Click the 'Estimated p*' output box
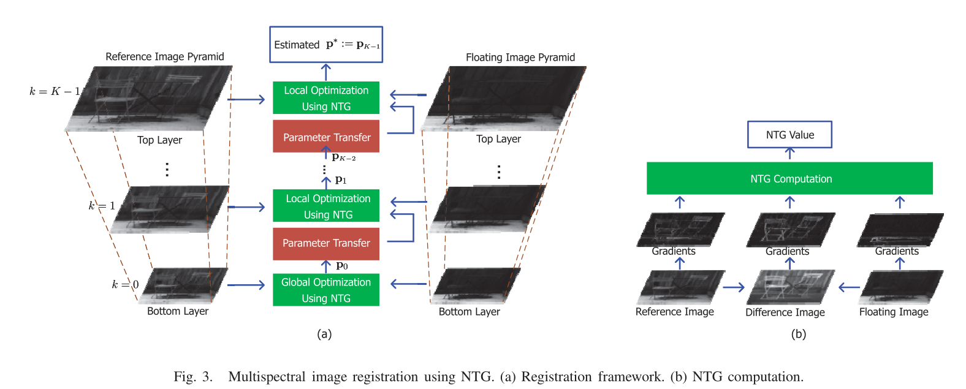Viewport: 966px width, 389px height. pyautogui.click(x=326, y=44)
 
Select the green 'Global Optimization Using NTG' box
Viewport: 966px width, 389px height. pyautogui.click(x=326, y=290)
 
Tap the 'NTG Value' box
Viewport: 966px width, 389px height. pyautogui.click(x=789, y=135)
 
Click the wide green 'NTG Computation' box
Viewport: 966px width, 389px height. pyautogui.click(x=789, y=178)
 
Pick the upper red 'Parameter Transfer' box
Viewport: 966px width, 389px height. pyautogui.click(x=326, y=137)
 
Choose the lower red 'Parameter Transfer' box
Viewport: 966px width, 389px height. pyautogui.click(x=326, y=243)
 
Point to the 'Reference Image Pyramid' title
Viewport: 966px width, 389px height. pyautogui.click(x=165, y=56)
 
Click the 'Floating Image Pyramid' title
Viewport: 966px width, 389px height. pyautogui.click(x=520, y=57)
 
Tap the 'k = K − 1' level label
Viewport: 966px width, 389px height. pyautogui.click(x=55, y=91)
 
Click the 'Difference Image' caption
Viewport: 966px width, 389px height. pyautogui.click(x=785, y=312)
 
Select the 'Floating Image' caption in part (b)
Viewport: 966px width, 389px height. pyautogui.click(x=894, y=312)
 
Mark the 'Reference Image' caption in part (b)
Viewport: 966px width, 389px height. pyautogui.click(x=674, y=312)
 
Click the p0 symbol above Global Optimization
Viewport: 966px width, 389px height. pyautogui.click(x=342, y=265)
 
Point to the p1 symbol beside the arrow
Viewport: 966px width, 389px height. pyautogui.click(x=341, y=180)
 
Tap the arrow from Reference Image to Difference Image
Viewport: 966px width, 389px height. pyautogui.click(x=734, y=287)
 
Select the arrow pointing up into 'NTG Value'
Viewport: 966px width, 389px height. pyautogui.click(x=789, y=154)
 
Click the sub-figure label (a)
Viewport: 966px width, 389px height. pyautogui.click(x=324, y=334)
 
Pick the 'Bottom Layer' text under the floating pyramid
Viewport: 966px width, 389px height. pyautogui.click(x=469, y=312)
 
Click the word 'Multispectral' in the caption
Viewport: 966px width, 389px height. pyautogui.click(x=267, y=376)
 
